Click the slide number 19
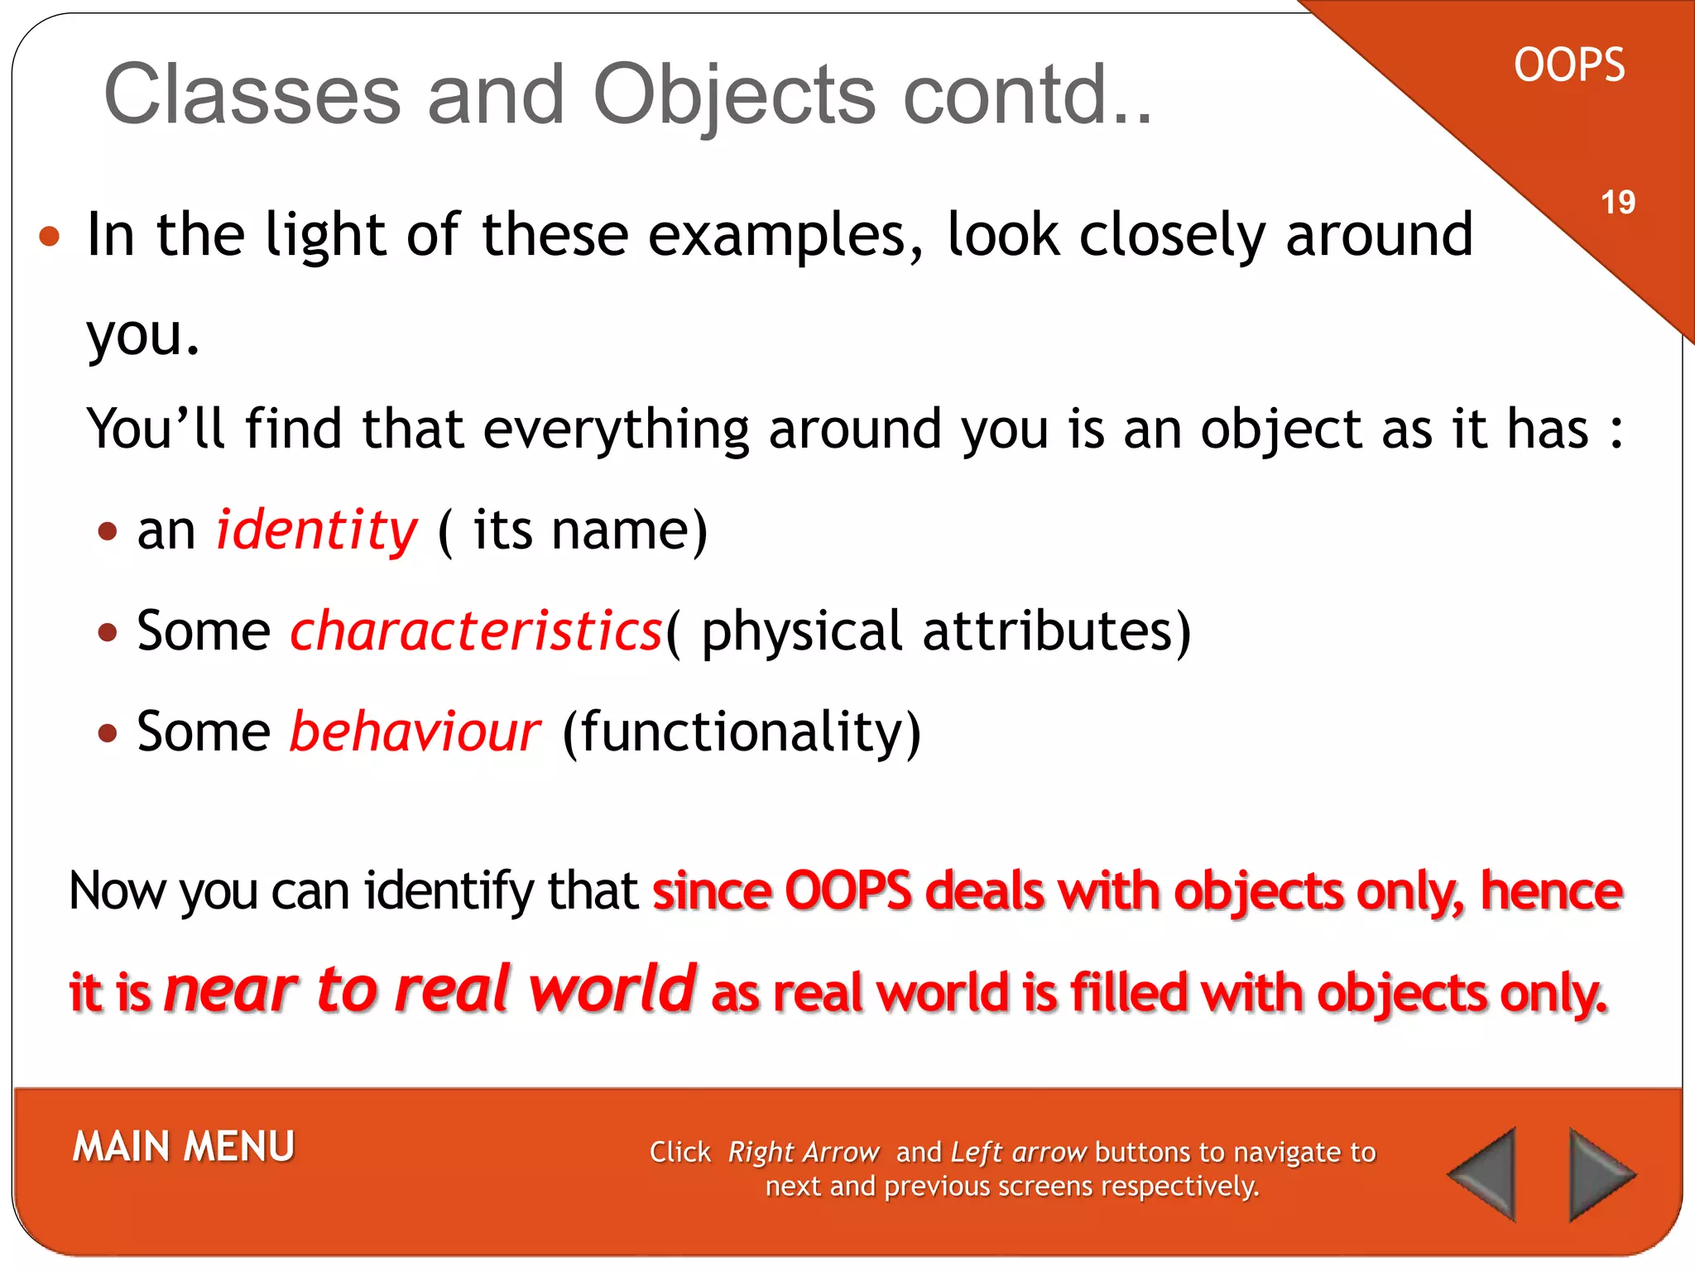click(x=1617, y=203)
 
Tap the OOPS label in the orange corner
click(x=1568, y=65)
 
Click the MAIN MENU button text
click(x=183, y=1147)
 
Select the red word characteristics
click(x=476, y=631)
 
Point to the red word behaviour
click(x=414, y=732)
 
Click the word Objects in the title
click(x=733, y=94)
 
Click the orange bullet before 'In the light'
click(x=50, y=237)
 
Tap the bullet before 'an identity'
click(x=108, y=530)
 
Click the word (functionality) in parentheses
click(x=741, y=732)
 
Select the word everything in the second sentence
click(x=616, y=430)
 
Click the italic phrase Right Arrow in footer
click(x=803, y=1152)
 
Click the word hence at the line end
click(x=1550, y=891)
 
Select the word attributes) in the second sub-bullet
click(x=1057, y=631)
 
